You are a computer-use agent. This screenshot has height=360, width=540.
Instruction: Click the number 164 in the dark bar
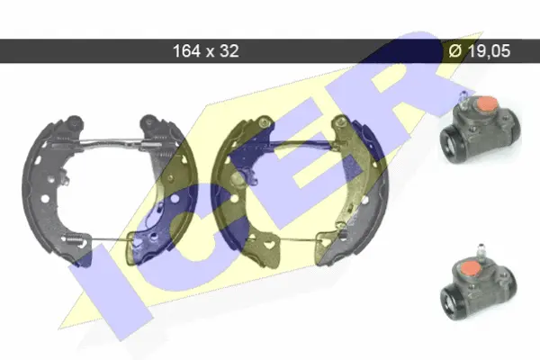[186, 51]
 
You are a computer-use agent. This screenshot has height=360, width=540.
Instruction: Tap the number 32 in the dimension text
[229, 51]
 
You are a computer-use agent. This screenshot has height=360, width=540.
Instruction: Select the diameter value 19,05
[489, 51]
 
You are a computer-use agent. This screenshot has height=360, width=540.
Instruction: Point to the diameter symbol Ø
[455, 51]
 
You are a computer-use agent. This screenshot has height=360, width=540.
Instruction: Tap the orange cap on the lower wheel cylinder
[471, 268]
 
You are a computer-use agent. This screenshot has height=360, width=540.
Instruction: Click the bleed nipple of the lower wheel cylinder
[481, 250]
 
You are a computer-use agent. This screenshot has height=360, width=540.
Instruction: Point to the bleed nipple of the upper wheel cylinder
[464, 97]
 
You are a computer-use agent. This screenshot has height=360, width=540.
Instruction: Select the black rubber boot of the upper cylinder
[454, 143]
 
